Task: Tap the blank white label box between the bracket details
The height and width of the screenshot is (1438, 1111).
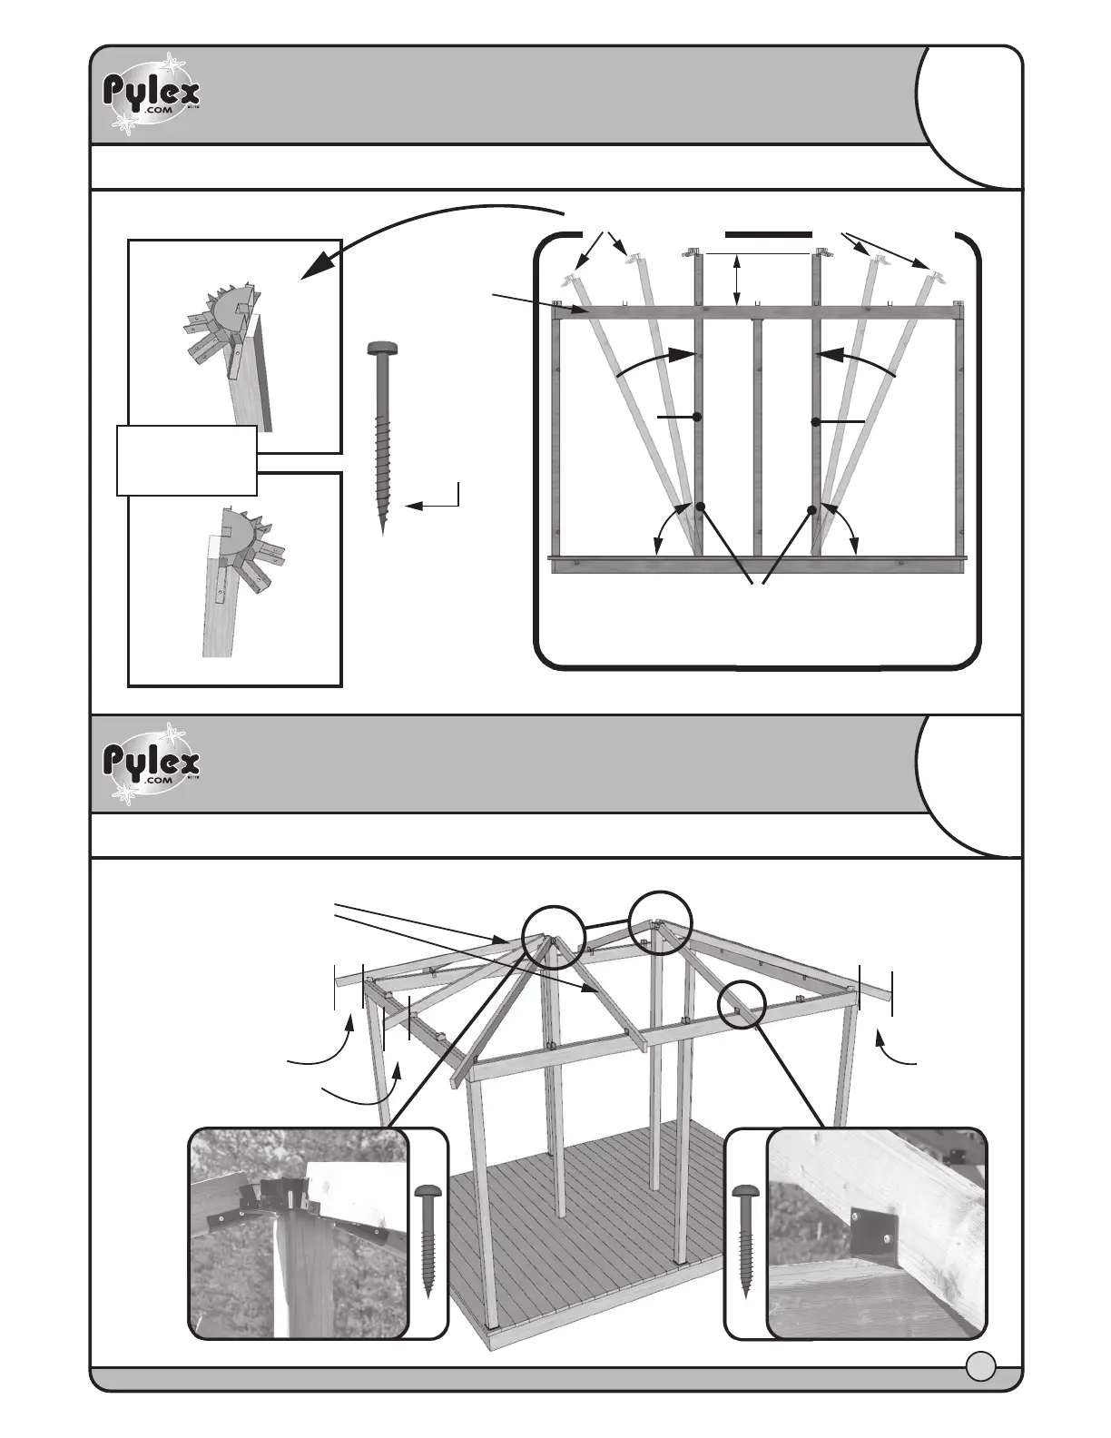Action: tap(186, 460)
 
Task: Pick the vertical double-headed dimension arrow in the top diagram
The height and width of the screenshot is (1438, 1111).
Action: tap(737, 280)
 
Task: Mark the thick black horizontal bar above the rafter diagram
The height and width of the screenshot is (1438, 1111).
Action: tap(768, 233)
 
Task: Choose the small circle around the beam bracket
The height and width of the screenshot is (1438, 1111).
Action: tap(742, 1004)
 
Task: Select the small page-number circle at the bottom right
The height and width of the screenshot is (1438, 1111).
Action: tap(980, 1364)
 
